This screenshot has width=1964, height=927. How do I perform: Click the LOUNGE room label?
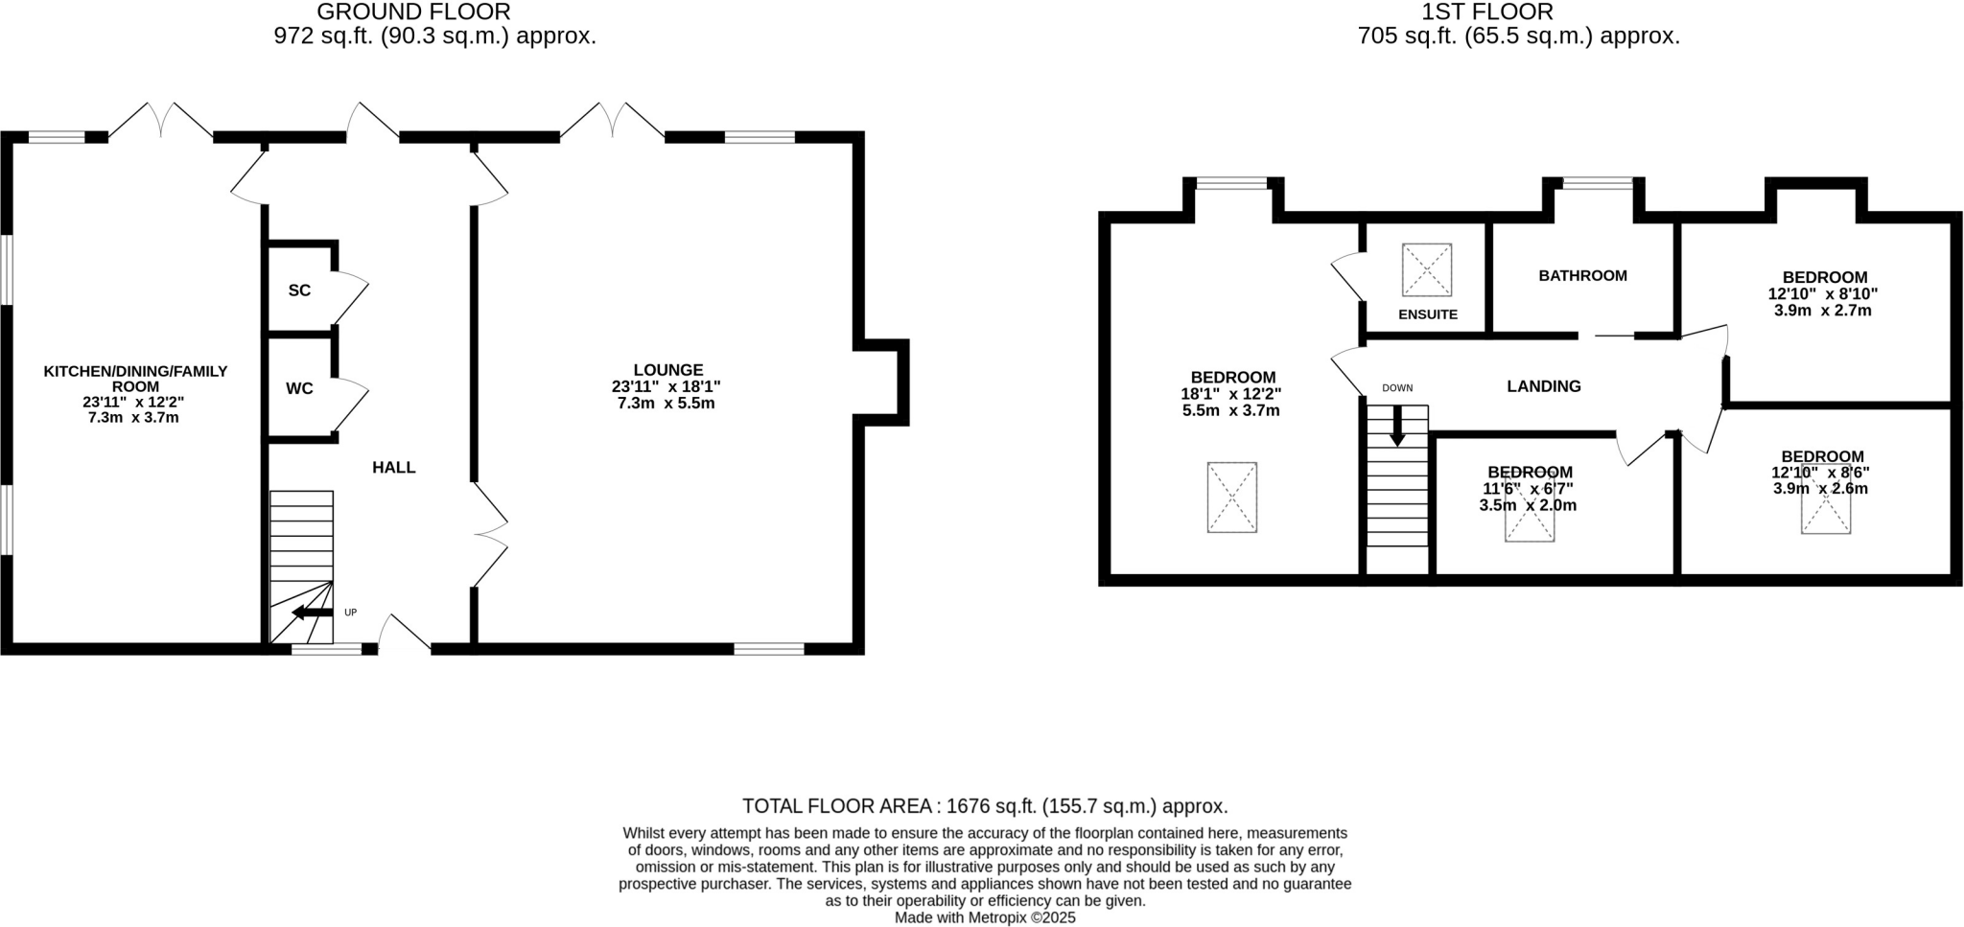tap(667, 370)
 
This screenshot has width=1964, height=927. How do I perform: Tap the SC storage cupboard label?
tap(299, 290)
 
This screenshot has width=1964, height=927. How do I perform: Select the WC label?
tap(299, 388)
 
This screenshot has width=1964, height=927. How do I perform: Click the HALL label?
tap(393, 468)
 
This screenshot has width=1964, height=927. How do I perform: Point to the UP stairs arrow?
tap(313, 613)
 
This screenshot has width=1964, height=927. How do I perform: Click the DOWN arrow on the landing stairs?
tap(1397, 427)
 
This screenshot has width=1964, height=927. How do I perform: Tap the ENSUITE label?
tap(1427, 314)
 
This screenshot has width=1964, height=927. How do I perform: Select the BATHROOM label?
tap(1582, 276)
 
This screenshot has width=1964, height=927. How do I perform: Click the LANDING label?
tap(1543, 386)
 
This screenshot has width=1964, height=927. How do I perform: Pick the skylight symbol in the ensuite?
tap(1426, 270)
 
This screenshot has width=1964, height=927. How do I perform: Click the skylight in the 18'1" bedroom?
tap(1231, 497)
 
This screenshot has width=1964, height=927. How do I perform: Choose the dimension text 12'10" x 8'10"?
tap(1822, 294)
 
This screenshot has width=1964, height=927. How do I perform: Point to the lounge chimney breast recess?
tap(882, 382)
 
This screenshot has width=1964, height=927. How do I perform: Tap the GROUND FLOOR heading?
tap(413, 12)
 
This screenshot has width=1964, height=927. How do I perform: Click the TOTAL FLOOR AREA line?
tap(985, 806)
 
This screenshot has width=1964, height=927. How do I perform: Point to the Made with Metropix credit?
tap(985, 917)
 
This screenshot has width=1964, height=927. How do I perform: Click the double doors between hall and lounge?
tap(489, 535)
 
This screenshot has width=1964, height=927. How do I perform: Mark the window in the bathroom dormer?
tap(1598, 183)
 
